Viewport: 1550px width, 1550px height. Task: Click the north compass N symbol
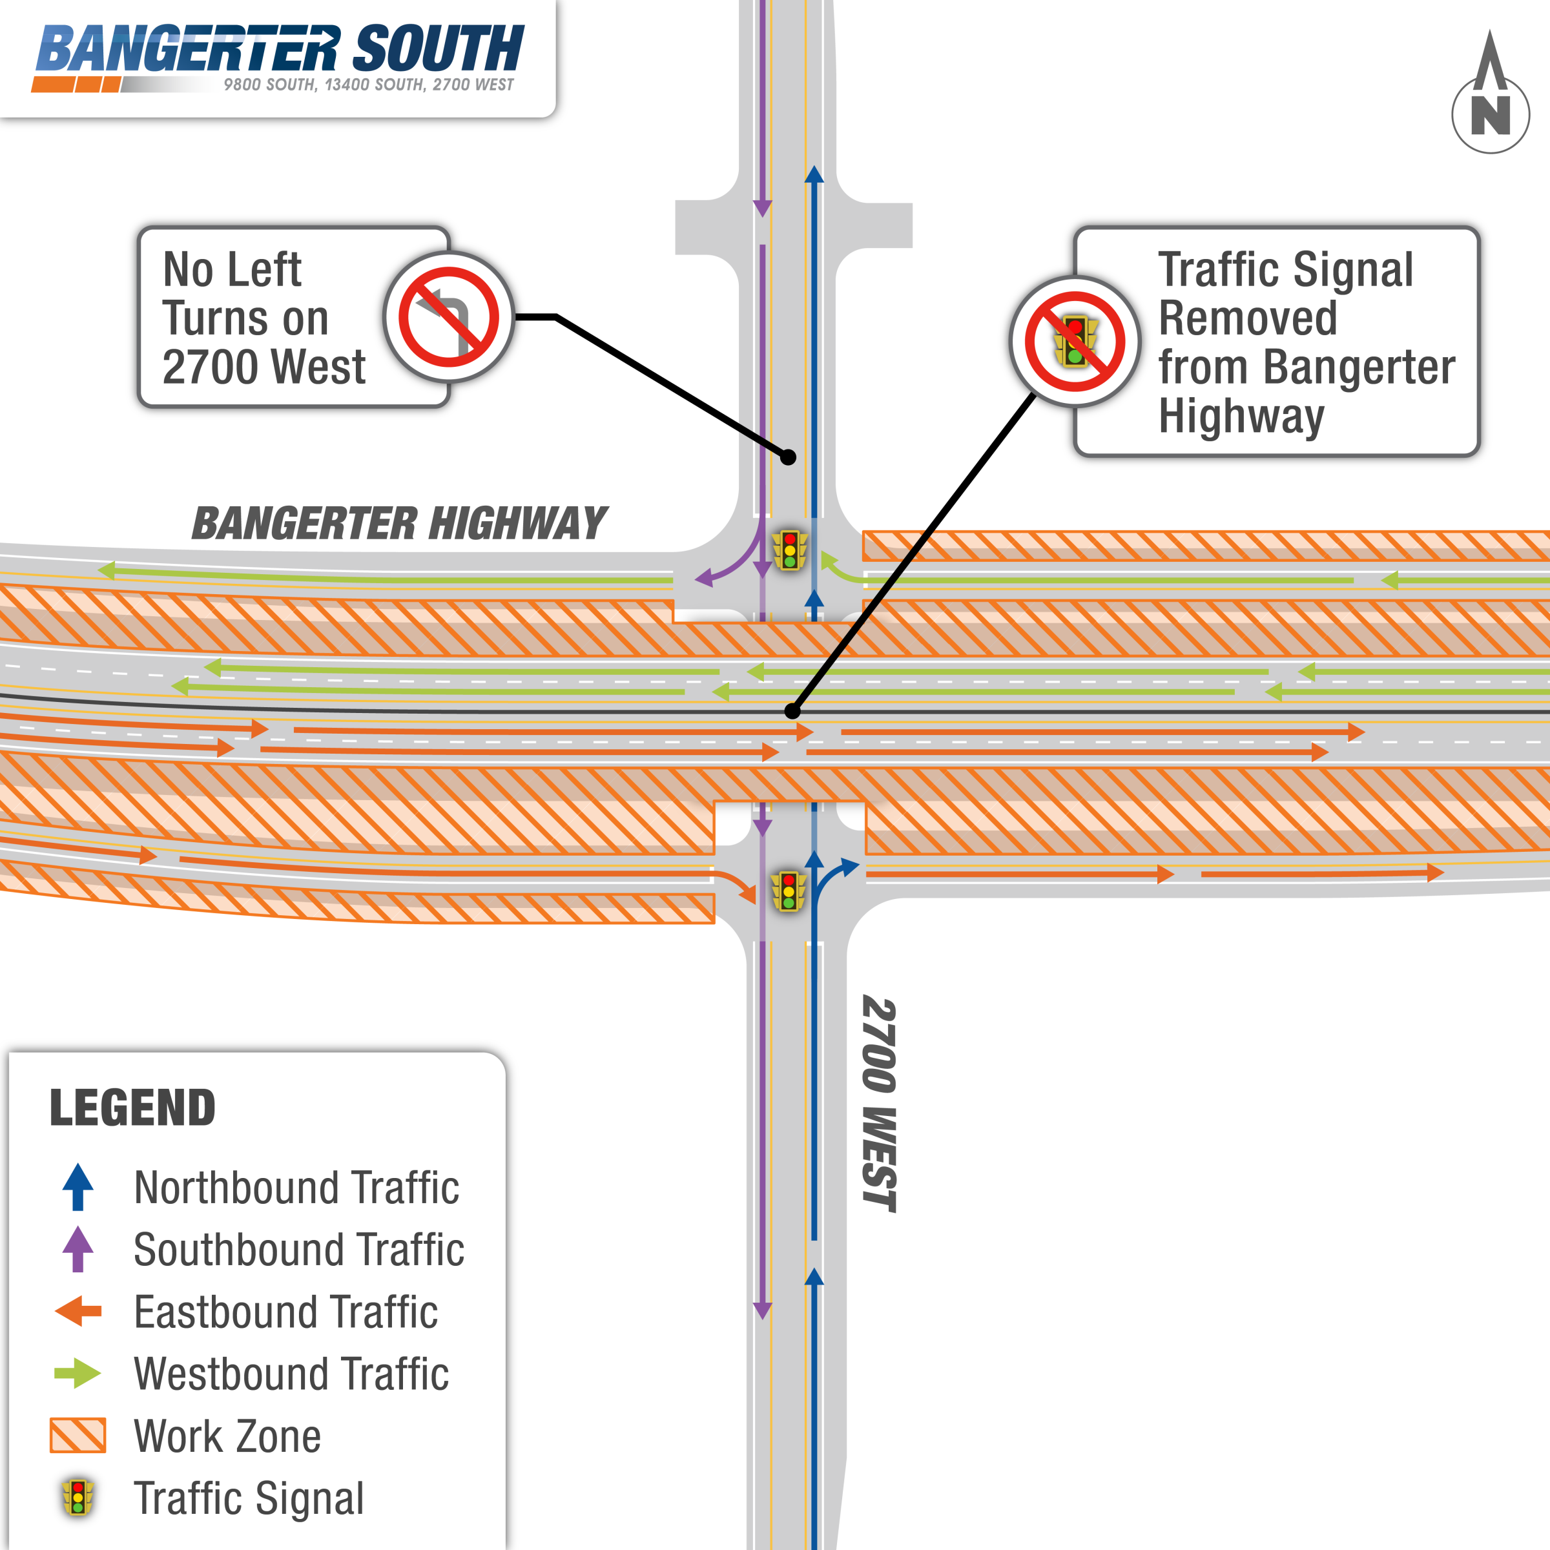click(1490, 115)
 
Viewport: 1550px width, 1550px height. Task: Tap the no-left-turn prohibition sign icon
click(448, 318)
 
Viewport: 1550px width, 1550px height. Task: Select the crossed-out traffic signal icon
click(1075, 342)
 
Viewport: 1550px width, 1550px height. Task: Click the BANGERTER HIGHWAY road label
click(398, 524)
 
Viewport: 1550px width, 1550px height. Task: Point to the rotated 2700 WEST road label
click(879, 1103)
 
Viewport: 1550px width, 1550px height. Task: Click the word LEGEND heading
click(132, 1108)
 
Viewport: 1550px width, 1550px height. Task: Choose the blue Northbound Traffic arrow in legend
click(77, 1186)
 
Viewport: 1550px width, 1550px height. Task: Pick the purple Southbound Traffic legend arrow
click(77, 1249)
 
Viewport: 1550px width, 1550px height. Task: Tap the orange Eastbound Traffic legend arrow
click(77, 1312)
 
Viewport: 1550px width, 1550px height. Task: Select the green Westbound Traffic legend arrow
click(77, 1374)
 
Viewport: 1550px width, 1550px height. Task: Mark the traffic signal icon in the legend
click(77, 1498)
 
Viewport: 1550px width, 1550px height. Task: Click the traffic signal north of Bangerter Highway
click(789, 550)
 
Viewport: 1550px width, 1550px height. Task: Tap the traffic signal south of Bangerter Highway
click(789, 891)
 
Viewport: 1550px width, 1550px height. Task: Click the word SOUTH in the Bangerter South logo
click(438, 49)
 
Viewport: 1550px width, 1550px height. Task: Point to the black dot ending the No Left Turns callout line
click(789, 457)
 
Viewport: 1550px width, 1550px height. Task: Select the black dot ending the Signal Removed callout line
click(792, 711)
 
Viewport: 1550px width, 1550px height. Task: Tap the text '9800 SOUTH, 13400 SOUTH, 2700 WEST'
click(368, 85)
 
